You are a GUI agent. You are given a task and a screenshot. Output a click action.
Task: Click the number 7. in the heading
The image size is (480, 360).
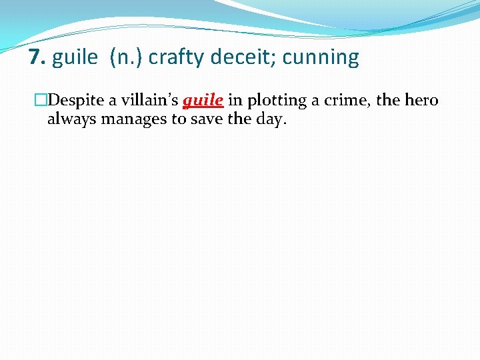[37, 57]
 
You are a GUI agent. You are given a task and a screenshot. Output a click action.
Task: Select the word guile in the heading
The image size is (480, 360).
[74, 58]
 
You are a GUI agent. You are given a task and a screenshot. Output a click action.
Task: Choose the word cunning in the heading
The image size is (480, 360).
[321, 59]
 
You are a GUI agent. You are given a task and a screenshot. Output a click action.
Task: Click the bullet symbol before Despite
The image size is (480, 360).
[41, 101]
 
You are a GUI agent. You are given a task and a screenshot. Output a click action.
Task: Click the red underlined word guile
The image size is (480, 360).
[203, 101]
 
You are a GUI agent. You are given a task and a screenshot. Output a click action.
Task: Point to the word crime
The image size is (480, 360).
[351, 101]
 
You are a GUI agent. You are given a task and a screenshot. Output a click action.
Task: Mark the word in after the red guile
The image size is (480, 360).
[234, 101]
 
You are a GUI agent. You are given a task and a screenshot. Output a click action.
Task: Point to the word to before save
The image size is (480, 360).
[181, 120]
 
